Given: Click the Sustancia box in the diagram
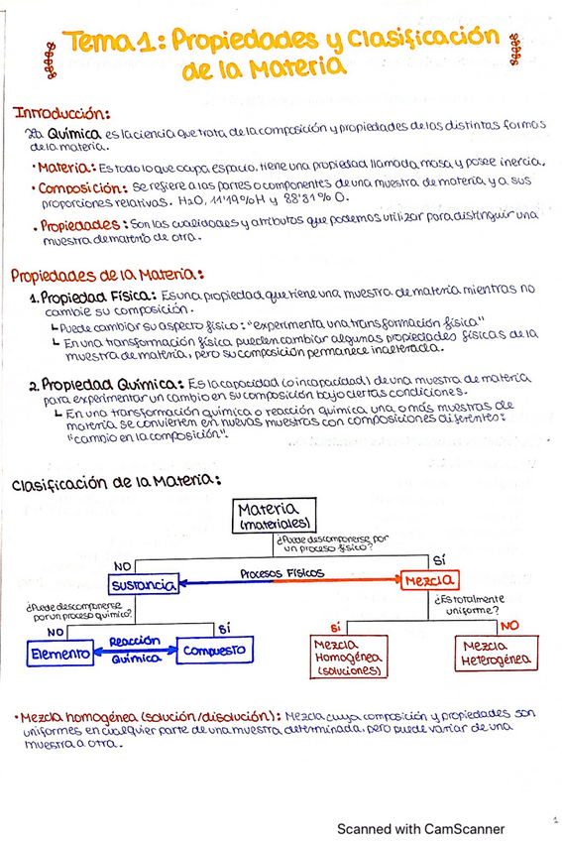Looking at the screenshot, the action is click(x=143, y=586).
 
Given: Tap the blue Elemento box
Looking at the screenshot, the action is click(x=58, y=654).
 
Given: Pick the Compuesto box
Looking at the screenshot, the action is click(x=215, y=652).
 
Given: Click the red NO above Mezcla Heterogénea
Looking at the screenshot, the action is click(x=508, y=626).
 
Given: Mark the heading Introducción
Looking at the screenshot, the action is click(x=59, y=113).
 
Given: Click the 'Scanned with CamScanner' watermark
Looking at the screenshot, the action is click(x=420, y=828).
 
